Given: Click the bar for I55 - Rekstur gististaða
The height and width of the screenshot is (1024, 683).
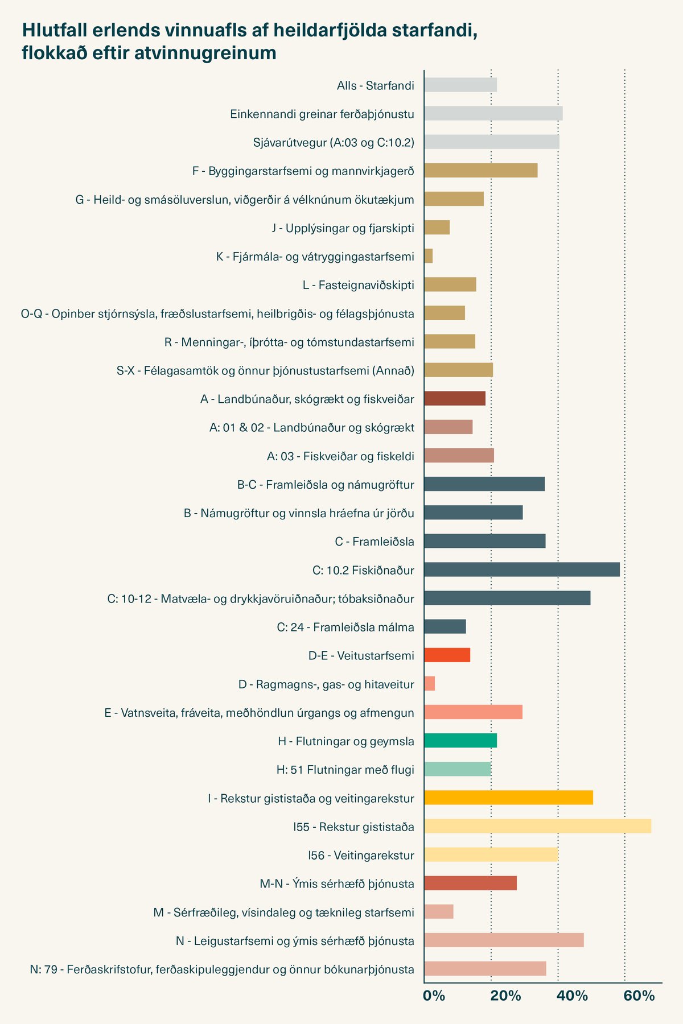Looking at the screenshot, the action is [538, 826].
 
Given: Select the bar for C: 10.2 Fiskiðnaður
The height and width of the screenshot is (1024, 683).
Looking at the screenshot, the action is [522, 569].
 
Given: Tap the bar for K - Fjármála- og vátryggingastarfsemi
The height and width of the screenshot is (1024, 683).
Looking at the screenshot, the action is [429, 256].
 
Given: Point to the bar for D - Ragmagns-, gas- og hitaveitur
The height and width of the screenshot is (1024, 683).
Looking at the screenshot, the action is [430, 684].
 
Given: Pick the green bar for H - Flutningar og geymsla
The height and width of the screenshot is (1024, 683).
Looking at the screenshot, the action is [460, 741].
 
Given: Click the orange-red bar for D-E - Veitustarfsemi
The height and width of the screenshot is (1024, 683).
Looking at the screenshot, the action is [447, 655].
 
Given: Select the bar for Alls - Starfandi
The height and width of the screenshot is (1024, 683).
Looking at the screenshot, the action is [460, 85].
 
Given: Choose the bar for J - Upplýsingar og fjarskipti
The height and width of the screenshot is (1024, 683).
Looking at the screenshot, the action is [437, 228].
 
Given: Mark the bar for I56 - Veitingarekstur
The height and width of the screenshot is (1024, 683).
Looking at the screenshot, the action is [491, 854].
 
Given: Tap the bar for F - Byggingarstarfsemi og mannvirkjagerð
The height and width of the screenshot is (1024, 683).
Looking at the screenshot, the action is [481, 170].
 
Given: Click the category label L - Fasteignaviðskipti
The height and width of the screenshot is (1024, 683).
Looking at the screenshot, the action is [359, 285].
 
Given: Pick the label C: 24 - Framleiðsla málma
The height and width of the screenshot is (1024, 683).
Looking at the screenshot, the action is [345, 627].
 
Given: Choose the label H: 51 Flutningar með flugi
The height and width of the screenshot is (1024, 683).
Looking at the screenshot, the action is [345, 770].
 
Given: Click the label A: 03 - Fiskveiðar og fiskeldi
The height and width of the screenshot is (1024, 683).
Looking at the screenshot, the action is [340, 456].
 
